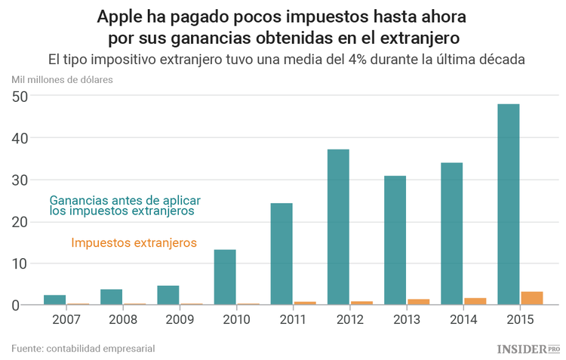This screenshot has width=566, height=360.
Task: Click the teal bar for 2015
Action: click(x=508, y=205)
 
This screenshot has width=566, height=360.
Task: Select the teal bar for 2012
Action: click(x=338, y=227)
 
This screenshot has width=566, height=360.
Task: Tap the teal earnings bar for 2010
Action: click(x=225, y=277)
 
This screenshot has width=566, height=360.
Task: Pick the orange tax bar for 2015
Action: click(x=532, y=298)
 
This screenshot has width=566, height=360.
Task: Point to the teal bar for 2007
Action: click(x=54, y=300)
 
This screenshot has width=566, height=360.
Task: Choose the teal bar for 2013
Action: click(x=395, y=240)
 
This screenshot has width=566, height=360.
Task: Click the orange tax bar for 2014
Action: click(x=475, y=301)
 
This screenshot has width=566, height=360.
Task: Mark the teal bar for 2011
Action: click(x=281, y=254)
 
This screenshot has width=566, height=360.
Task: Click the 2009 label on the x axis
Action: click(x=179, y=319)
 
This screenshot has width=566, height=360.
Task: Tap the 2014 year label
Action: click(x=463, y=319)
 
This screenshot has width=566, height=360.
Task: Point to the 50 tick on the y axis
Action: click(x=20, y=97)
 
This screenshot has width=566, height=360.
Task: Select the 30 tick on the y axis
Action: click(x=20, y=180)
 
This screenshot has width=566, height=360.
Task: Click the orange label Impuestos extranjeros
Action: click(x=134, y=243)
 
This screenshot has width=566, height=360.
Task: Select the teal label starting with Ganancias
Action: click(x=125, y=206)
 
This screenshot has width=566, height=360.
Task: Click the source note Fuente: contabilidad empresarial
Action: click(x=83, y=348)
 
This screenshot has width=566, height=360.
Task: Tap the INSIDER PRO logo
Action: click(x=528, y=349)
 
